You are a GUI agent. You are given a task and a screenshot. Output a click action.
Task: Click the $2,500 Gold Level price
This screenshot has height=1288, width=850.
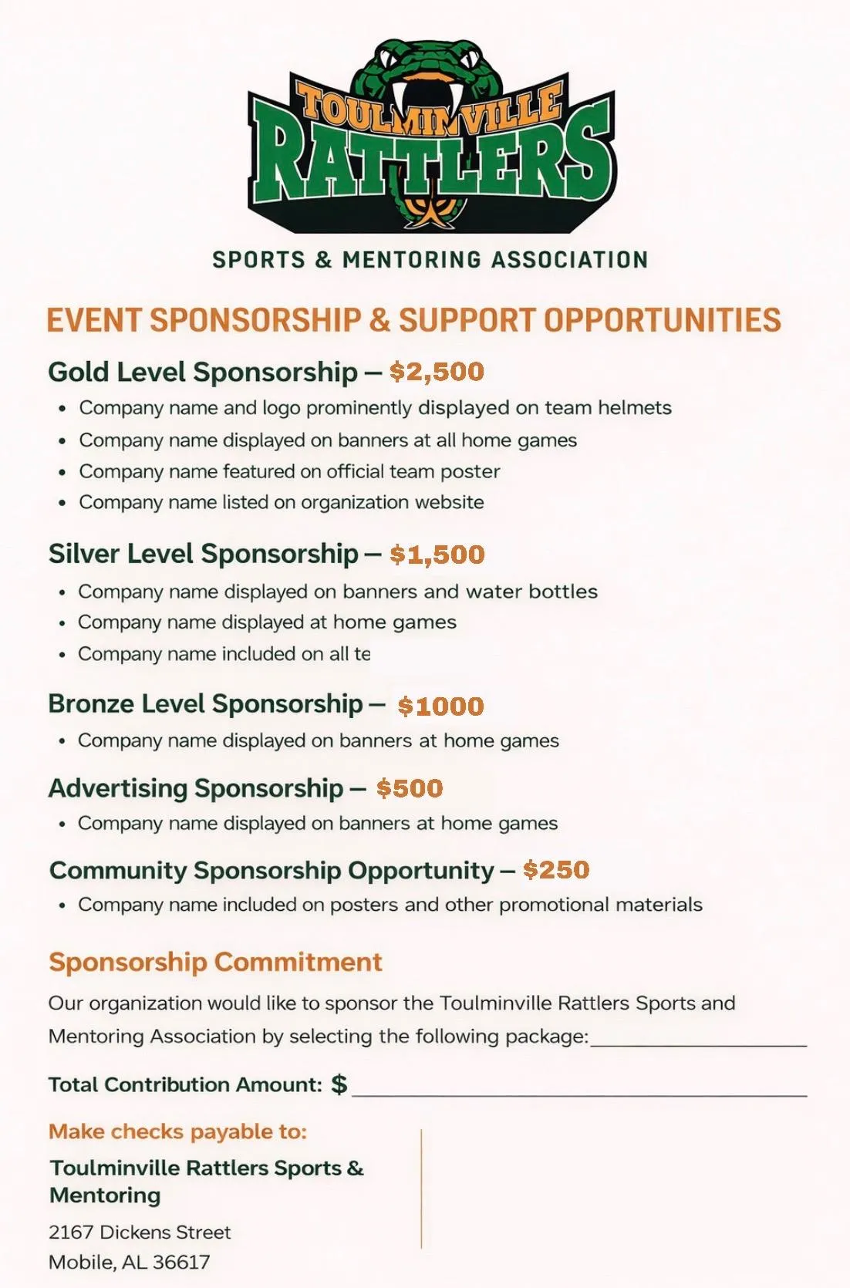click(437, 372)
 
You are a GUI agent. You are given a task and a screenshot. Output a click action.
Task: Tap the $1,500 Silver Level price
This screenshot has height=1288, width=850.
click(437, 554)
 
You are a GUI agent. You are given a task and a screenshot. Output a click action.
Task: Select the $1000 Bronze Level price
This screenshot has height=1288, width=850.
click(440, 706)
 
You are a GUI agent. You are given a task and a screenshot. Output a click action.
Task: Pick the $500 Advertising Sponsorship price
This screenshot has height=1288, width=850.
click(410, 787)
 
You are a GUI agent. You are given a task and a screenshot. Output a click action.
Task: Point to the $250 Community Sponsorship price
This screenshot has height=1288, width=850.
click(556, 869)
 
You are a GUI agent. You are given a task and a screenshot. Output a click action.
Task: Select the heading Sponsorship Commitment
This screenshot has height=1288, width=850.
click(215, 962)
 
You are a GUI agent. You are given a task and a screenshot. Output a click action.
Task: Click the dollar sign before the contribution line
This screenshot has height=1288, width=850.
click(339, 1084)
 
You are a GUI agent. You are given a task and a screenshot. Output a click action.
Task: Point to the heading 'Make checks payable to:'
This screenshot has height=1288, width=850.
click(177, 1131)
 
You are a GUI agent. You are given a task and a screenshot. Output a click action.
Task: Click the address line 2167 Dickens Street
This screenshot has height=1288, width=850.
click(140, 1232)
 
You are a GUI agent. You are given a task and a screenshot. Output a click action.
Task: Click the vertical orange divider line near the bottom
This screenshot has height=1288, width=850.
click(421, 1188)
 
